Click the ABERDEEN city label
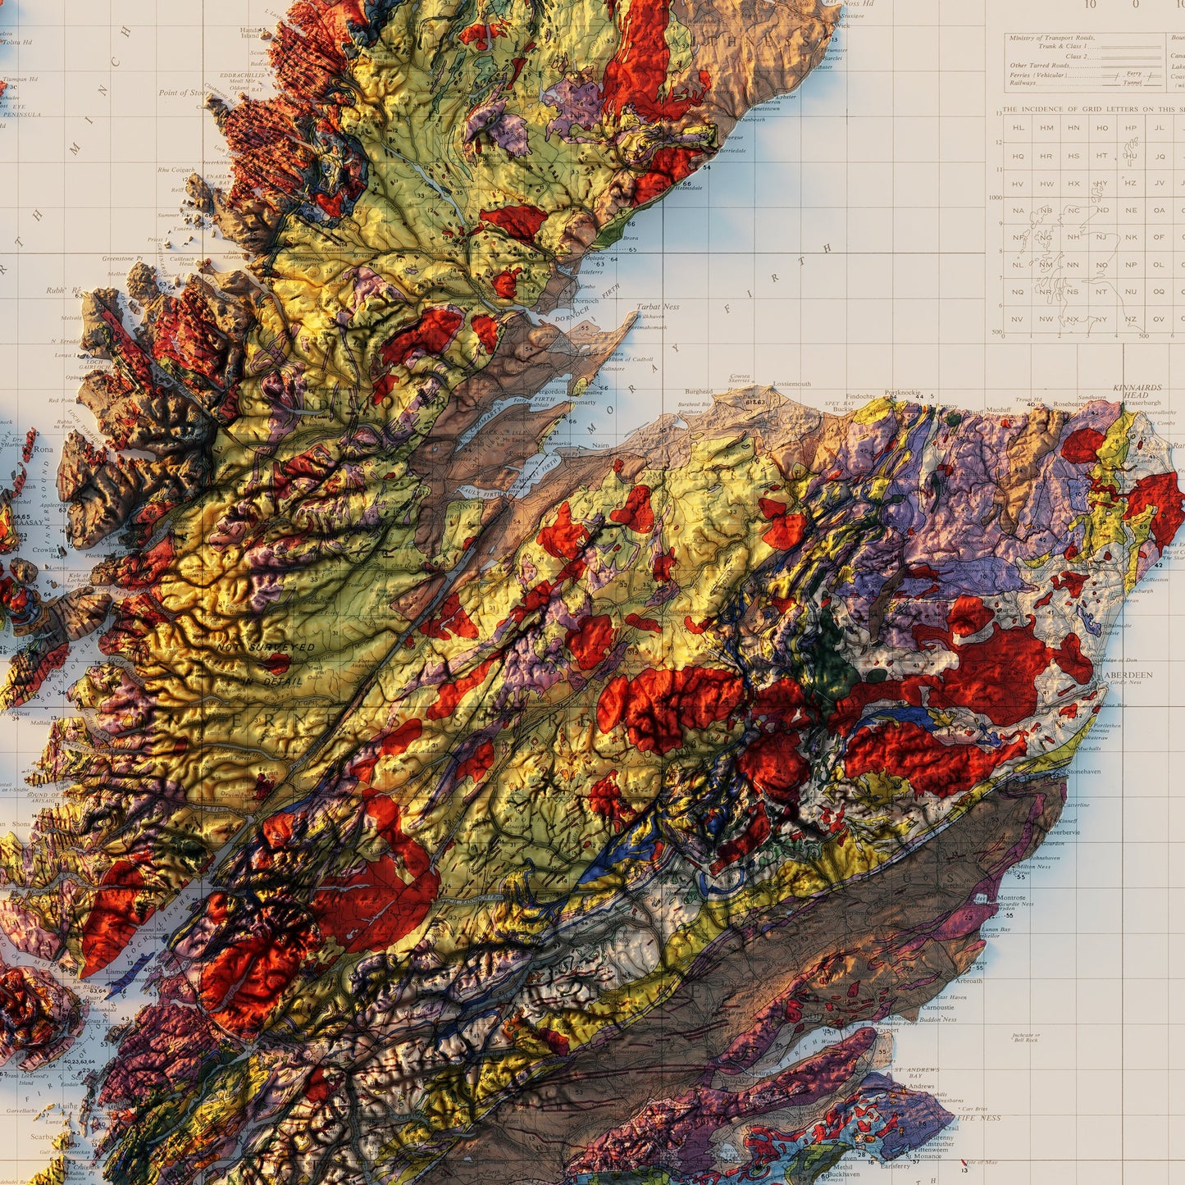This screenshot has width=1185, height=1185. coord(1128,675)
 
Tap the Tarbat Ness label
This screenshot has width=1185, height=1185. coord(659,307)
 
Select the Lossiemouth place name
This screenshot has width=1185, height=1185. coord(791,384)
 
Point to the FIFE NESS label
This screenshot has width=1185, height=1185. coord(978,1118)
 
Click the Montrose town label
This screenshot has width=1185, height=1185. coord(1011,898)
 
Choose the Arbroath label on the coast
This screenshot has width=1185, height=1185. coord(969,981)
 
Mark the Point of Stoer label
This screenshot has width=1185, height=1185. coord(183,93)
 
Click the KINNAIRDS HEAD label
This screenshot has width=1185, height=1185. coord(1137,390)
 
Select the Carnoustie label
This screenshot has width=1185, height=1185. coord(938,1007)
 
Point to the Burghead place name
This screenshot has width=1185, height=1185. coord(699,392)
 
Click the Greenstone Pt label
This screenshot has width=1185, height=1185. coord(122,258)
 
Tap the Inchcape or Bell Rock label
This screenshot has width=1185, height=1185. coord(1026,1037)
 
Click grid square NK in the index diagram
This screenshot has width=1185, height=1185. coord(1131,237)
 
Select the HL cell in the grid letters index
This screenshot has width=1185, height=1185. coord(1019,128)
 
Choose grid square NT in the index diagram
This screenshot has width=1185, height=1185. coord(1102,292)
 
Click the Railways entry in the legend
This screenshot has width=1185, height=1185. coord(1024,83)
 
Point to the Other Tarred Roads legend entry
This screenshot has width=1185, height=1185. coord(1041,66)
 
